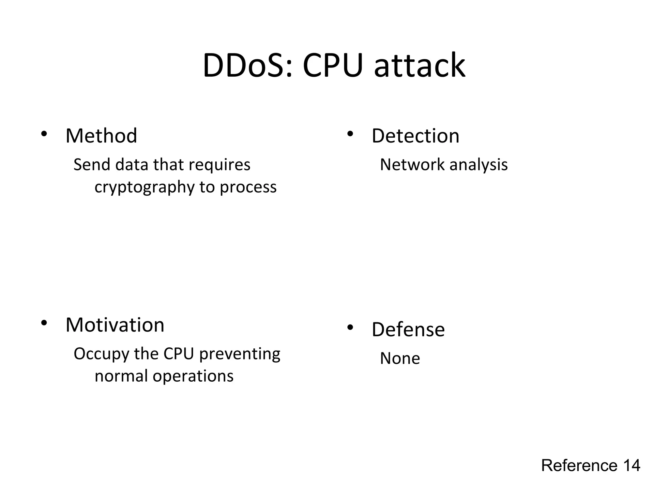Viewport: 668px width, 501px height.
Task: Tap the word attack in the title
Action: [x=419, y=66]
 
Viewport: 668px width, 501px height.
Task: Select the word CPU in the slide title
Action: [x=332, y=66]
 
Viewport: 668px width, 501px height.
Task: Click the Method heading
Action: [x=101, y=136]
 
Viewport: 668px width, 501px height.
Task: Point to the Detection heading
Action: [x=415, y=136]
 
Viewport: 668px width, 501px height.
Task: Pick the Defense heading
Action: [x=408, y=329]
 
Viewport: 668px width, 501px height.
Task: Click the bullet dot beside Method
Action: [x=44, y=134]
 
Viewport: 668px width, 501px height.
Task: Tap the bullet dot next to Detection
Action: [x=350, y=134]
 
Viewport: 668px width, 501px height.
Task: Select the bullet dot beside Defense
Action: [x=350, y=328]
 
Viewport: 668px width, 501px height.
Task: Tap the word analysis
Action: [x=478, y=165]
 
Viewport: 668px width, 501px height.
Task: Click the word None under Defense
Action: [x=400, y=358]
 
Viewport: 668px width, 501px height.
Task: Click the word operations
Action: [x=193, y=376]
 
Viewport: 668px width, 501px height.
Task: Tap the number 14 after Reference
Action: [x=631, y=465]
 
